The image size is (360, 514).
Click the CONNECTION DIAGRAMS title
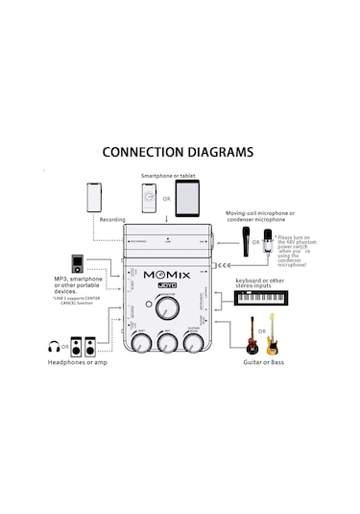pyautogui.click(x=178, y=152)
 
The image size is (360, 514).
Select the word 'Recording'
pyautogui.click(x=112, y=221)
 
